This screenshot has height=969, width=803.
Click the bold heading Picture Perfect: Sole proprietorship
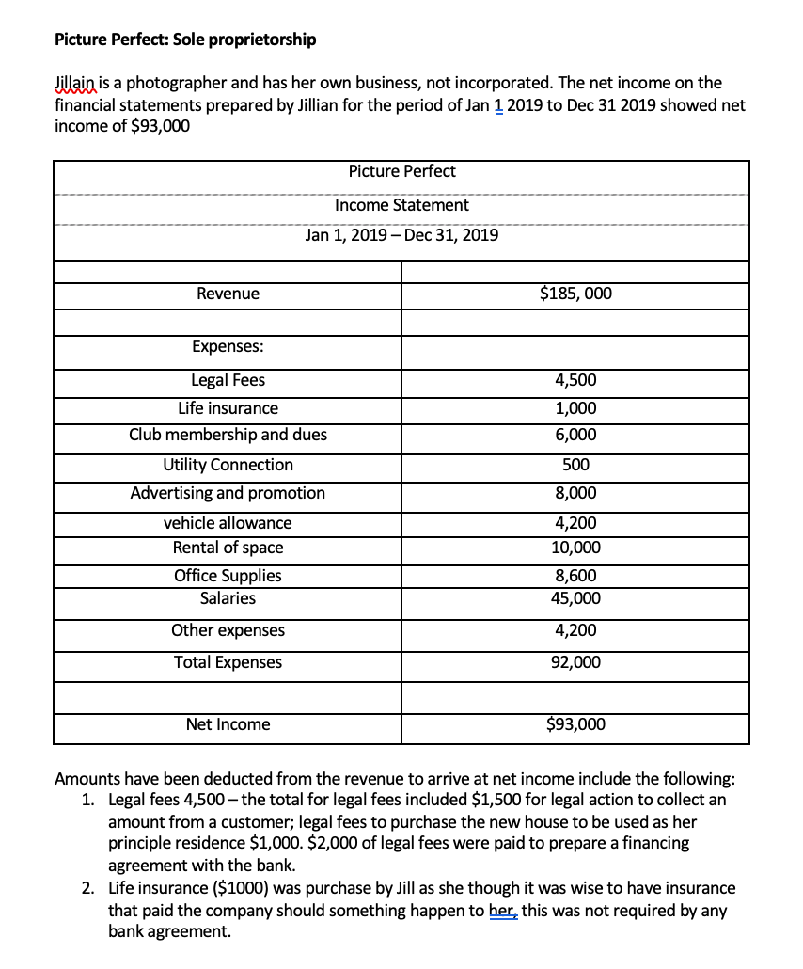point(185,40)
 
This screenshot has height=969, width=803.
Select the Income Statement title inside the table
point(401,205)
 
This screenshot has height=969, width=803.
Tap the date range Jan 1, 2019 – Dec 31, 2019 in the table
point(401,235)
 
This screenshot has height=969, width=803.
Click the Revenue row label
point(228,294)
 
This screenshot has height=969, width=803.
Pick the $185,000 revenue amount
point(575,294)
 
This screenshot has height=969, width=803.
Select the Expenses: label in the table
point(228,346)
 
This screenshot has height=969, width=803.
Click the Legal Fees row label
point(228,380)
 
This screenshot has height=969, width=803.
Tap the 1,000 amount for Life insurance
point(575,408)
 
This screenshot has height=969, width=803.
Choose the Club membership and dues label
point(228,435)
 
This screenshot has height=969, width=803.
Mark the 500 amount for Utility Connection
point(575,465)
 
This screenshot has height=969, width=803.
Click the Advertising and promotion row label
point(228,493)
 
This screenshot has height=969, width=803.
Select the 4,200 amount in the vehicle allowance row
point(575,523)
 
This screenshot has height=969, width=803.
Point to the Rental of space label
point(228,548)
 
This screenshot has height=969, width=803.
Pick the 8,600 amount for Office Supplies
point(575,576)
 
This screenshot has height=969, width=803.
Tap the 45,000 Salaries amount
point(575,599)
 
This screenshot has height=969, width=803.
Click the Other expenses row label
point(228,630)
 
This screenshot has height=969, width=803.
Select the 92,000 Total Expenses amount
point(575,662)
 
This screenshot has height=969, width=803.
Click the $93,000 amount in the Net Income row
point(575,724)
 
